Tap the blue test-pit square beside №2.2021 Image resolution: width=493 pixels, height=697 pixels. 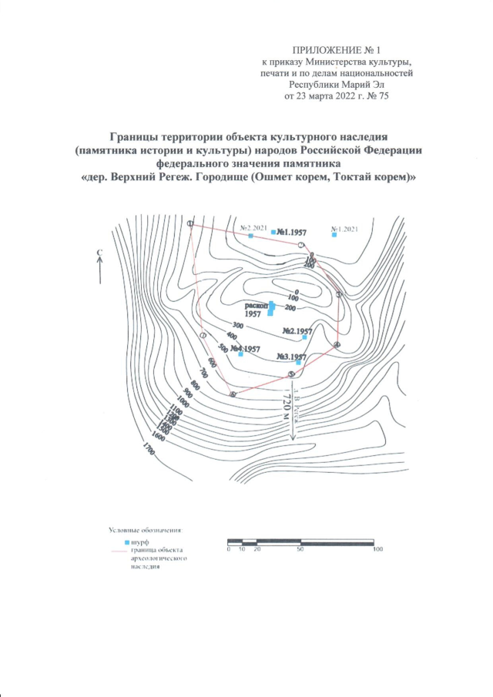(251, 236)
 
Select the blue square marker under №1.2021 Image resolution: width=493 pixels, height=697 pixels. (334, 235)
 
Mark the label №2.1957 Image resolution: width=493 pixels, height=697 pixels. (297, 331)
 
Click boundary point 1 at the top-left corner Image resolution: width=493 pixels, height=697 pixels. (189, 223)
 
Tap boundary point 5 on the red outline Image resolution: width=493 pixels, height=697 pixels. (291, 374)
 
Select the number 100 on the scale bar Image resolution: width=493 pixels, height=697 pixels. (377, 548)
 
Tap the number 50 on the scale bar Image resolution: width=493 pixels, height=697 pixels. (299, 548)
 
